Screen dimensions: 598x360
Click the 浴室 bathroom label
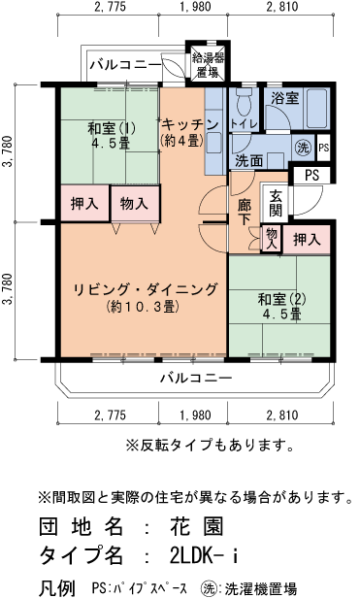point(284,98)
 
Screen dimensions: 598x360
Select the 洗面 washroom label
point(249,161)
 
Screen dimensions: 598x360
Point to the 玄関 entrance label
point(276,203)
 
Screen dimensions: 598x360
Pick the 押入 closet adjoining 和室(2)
point(308,239)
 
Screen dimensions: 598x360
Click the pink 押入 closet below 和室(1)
point(84,204)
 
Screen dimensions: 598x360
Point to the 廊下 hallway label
point(245,212)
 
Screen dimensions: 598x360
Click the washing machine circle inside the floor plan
point(302,148)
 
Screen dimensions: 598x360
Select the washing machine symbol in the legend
point(208,586)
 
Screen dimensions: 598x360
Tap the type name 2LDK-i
point(202,556)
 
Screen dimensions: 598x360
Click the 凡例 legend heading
point(55,586)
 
